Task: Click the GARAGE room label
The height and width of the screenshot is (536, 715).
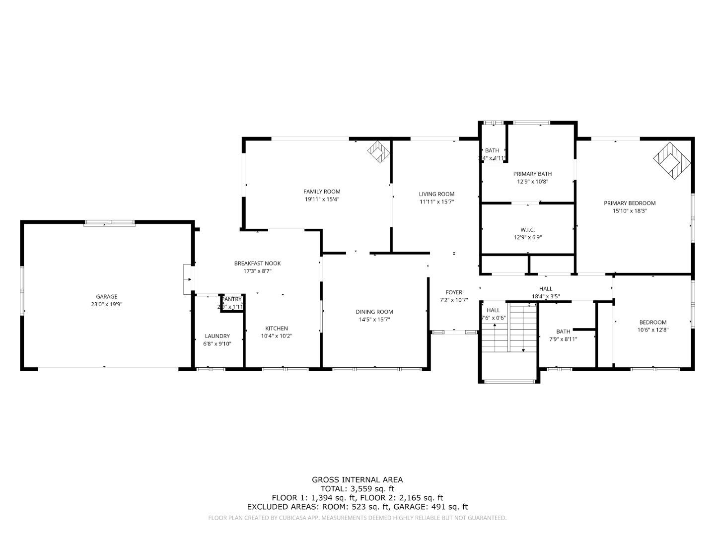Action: coord(107,297)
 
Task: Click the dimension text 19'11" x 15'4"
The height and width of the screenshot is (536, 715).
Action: coord(322,200)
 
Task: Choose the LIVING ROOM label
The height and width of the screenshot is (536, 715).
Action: coord(436,194)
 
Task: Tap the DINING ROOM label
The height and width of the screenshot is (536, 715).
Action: coord(374,312)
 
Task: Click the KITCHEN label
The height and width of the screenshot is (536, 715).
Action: coord(277,329)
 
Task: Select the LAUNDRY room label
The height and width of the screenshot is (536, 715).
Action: coord(217,336)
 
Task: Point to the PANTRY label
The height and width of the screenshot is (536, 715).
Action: coord(232,299)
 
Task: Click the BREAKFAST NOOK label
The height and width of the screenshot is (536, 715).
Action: coord(257,264)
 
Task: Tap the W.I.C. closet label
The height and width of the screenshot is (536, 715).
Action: coord(527,230)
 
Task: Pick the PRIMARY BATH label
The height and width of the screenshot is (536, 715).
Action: coord(532,174)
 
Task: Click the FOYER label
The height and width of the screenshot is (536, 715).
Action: coord(454,292)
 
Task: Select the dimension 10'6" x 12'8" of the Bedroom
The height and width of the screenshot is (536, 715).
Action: coord(653,330)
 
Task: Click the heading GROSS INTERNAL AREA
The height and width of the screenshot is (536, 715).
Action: coord(357,479)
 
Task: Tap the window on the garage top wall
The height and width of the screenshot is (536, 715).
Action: coord(110,223)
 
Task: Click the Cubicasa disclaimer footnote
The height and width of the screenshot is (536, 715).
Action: coord(357,518)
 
